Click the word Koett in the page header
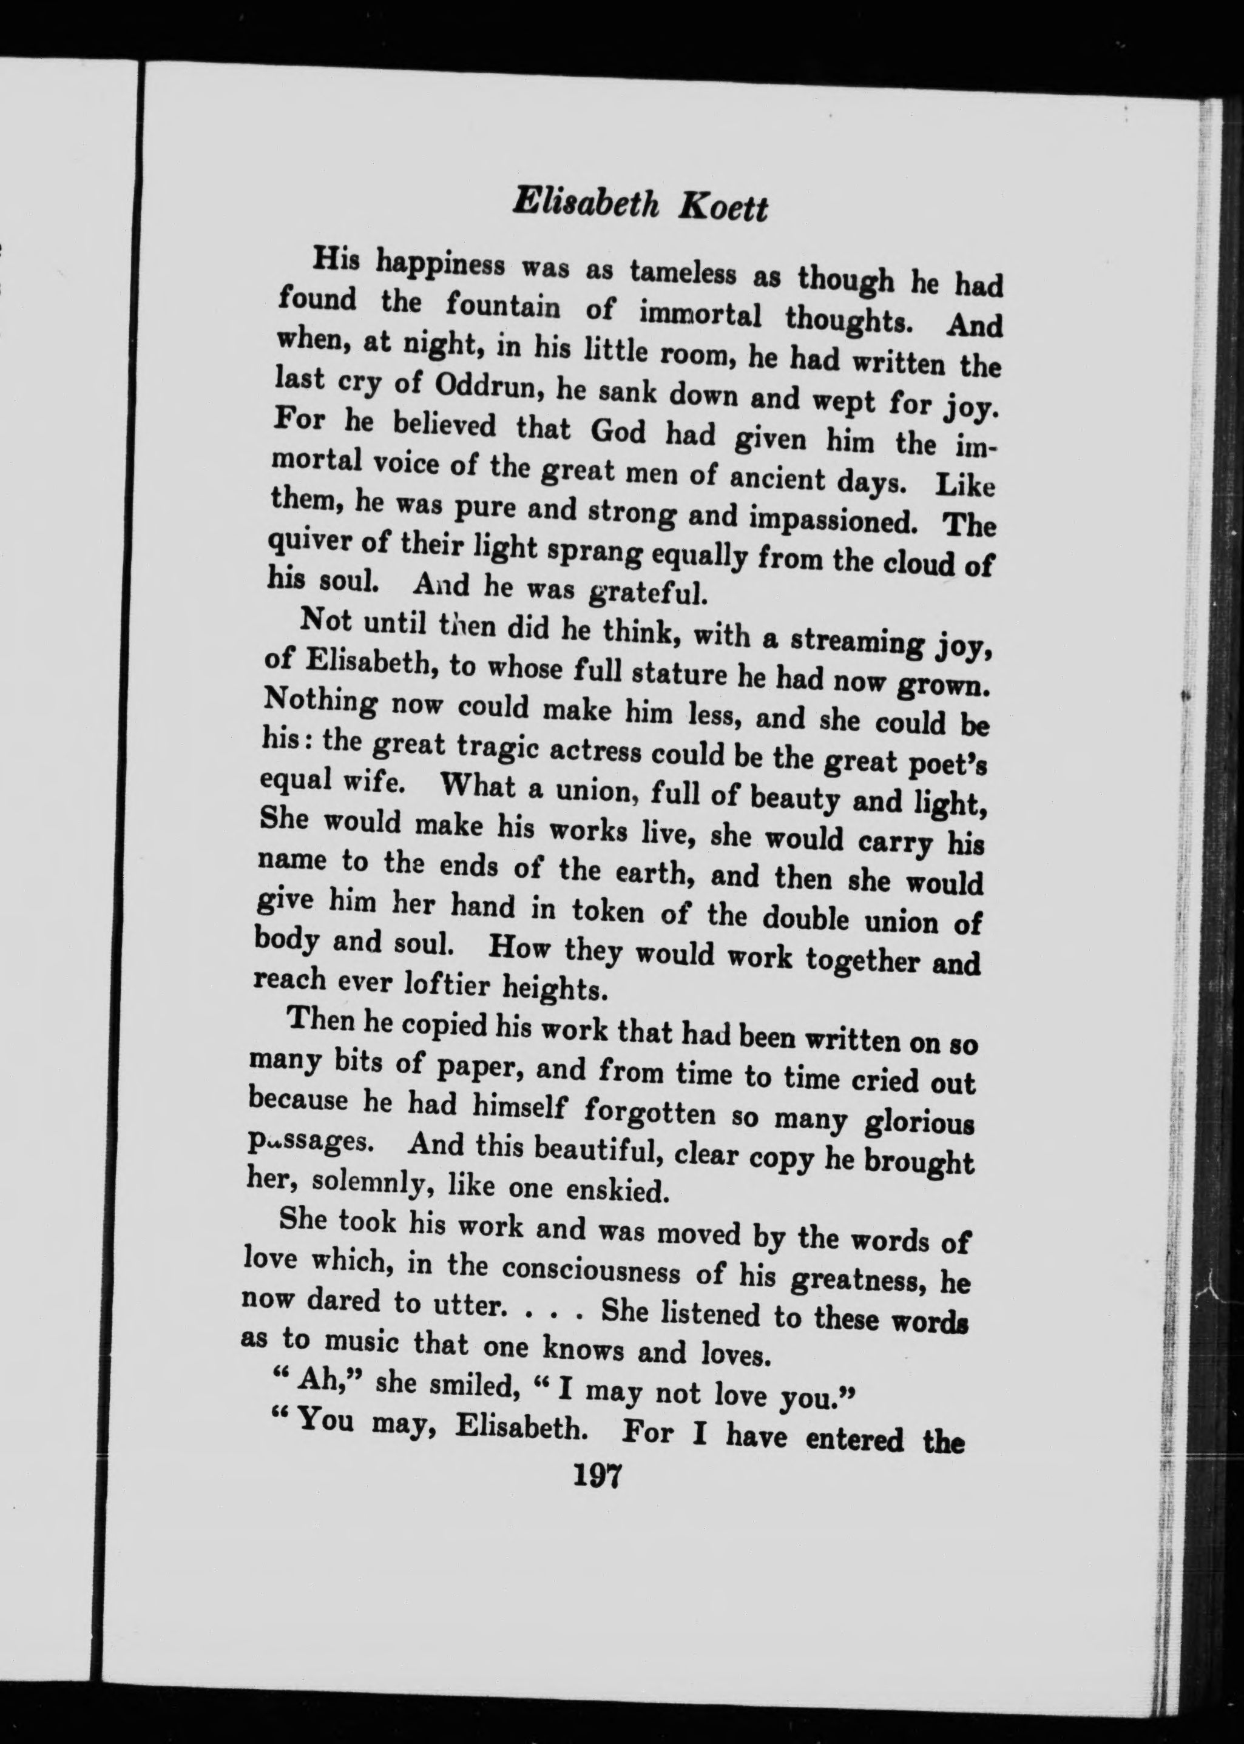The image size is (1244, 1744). click(x=722, y=208)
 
